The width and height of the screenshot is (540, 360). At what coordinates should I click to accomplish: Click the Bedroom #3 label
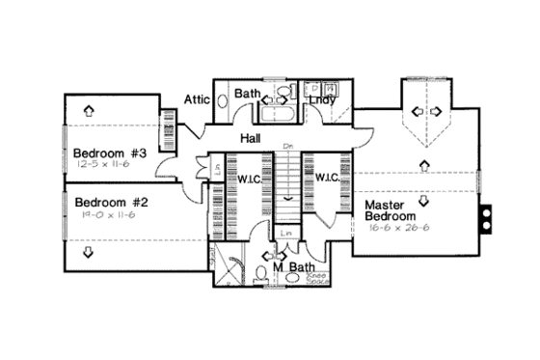(x=109, y=152)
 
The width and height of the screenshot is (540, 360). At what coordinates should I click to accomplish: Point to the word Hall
(x=251, y=139)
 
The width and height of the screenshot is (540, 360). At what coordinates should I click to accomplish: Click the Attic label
(x=199, y=99)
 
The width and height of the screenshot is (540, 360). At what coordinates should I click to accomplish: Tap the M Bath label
(x=295, y=266)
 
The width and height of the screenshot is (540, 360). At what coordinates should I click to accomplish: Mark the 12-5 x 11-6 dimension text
(x=107, y=165)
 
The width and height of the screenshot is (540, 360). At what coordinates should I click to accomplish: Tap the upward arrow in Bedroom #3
(x=89, y=109)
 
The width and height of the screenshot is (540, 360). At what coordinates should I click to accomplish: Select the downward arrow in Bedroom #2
(x=89, y=253)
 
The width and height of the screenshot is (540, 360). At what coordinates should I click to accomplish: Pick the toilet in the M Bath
(x=262, y=273)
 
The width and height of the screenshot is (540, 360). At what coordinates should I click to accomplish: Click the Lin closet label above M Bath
(x=285, y=234)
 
